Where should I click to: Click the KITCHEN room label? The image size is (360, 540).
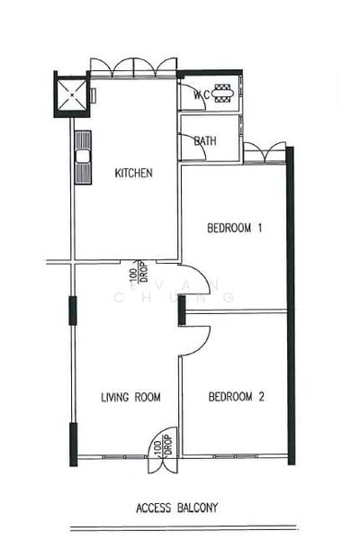[x=133, y=173]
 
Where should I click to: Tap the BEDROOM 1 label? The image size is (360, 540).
[x=235, y=228]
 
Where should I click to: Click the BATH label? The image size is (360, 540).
[x=205, y=141]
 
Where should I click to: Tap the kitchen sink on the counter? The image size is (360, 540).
[x=83, y=156]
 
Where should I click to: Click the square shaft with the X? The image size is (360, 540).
[x=72, y=94]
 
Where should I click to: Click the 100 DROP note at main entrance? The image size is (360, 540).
[x=157, y=446]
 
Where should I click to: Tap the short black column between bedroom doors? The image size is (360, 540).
[x=182, y=311]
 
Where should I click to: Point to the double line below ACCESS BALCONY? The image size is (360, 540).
[x=184, y=528]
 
